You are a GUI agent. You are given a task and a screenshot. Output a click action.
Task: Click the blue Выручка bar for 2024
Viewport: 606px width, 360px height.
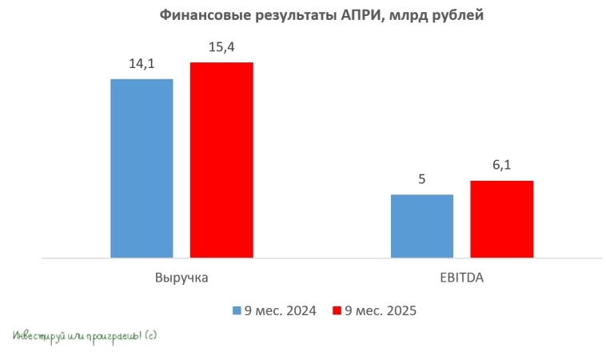(142, 168)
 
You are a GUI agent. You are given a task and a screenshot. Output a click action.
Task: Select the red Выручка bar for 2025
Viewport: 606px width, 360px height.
(221, 160)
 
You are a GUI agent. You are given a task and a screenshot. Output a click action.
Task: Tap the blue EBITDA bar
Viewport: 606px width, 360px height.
(422, 226)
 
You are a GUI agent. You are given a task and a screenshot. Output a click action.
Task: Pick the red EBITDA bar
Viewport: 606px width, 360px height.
(501, 219)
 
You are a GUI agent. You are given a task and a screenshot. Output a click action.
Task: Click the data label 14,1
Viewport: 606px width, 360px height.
(142, 64)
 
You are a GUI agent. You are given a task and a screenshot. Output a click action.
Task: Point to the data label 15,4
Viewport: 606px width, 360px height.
(221, 48)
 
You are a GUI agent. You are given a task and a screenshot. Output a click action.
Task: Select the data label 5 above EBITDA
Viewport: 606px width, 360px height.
(422, 179)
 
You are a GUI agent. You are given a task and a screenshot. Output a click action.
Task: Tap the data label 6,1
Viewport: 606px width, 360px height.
(501, 166)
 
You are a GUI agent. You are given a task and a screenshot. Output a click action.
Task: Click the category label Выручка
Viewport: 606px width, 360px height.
(181, 279)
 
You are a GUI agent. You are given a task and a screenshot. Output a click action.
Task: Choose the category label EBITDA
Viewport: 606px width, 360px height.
(462, 279)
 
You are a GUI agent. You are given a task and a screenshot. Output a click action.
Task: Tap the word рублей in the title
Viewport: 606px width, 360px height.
(456, 14)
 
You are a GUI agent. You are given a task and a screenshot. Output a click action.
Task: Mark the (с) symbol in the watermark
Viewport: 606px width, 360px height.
(151, 336)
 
